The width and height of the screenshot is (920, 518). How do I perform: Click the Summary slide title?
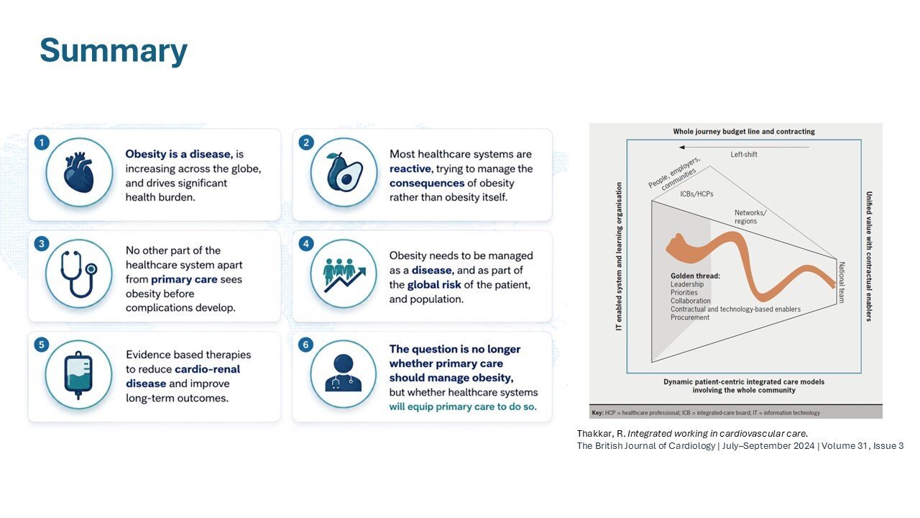point(114,51)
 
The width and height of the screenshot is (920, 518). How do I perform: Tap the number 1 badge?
point(42,143)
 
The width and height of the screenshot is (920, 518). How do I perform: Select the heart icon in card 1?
point(79,172)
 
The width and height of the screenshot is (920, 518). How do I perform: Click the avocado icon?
point(344,172)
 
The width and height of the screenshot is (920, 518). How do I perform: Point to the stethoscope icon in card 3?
point(79,274)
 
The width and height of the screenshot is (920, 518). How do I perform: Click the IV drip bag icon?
point(78,375)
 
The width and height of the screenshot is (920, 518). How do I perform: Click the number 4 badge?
point(306,244)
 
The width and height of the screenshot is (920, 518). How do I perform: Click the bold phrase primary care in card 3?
point(184,280)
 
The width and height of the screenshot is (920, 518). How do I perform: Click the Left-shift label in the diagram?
point(743,155)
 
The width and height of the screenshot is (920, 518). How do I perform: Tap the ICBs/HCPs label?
point(696,194)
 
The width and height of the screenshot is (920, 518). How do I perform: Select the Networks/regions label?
point(750,217)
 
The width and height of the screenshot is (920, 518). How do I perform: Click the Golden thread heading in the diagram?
point(695,276)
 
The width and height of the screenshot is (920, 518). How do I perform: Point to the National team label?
point(841,283)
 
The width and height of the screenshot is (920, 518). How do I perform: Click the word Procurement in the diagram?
point(689,317)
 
